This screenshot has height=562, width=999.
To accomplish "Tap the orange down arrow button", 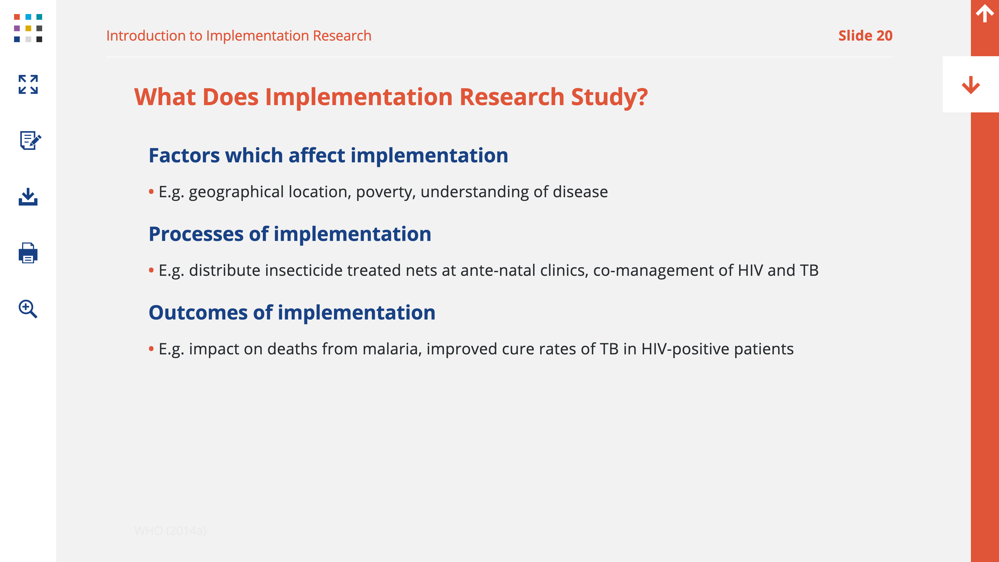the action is (971, 85).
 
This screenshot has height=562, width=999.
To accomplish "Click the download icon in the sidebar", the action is (28, 197).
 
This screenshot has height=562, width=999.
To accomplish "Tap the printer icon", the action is (28, 253).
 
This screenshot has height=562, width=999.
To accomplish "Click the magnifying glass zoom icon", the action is (28, 309).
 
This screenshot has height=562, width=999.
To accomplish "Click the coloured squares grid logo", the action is (28, 28).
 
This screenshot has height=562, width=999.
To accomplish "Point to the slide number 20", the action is (884, 36).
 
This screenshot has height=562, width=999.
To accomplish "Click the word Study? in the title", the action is (609, 97).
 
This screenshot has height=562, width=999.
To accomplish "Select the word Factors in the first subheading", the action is (184, 156).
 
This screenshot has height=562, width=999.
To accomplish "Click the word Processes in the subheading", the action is (196, 234).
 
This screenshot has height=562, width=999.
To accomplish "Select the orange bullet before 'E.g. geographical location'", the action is (151, 191).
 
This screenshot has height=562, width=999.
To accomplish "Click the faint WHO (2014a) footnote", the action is (170, 531).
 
